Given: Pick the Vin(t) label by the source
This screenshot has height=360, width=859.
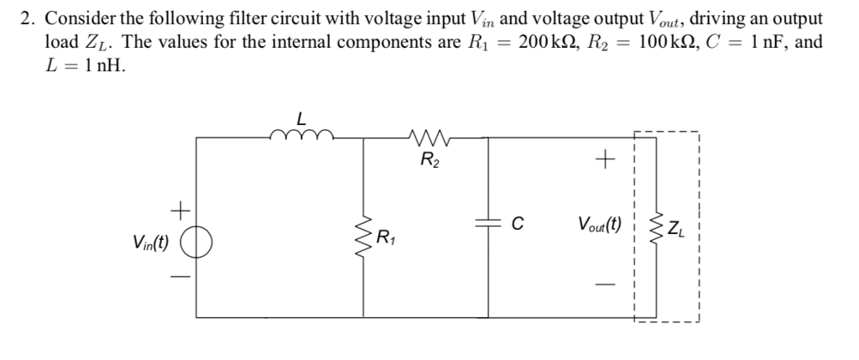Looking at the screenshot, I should pos(152,243).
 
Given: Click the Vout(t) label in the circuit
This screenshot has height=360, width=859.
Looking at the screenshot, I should pos(600,224).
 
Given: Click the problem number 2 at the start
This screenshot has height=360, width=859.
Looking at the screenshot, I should pos(24,19).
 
